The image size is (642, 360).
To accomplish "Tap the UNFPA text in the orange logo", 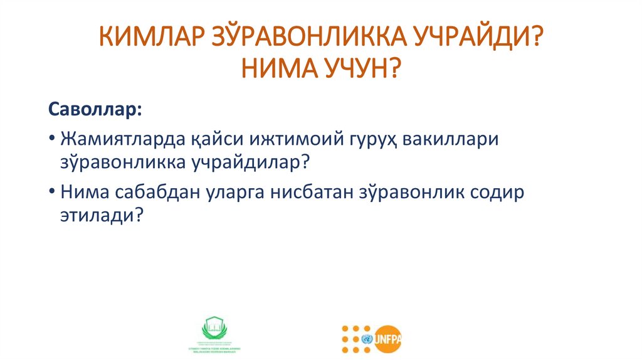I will coord(388,339).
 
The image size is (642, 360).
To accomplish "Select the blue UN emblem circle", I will coord(366,339).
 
